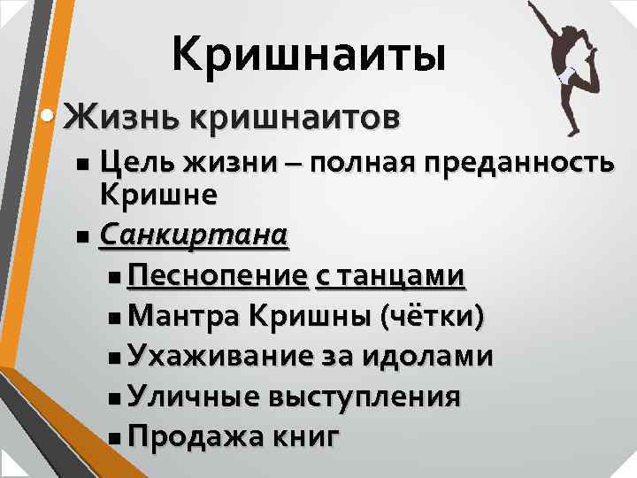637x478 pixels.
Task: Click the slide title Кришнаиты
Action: click(308, 55)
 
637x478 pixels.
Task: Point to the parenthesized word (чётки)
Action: click(431, 316)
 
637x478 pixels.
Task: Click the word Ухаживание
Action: click(219, 357)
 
